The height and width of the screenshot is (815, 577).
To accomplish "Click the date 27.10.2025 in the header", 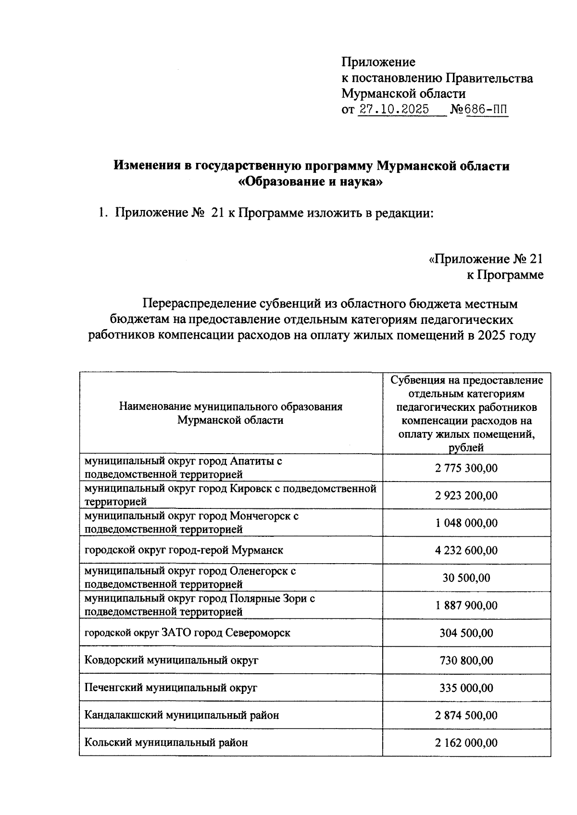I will tap(394, 110).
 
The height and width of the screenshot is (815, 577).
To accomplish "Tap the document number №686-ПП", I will tap(478, 110).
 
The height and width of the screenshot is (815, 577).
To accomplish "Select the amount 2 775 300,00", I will tap(466, 468).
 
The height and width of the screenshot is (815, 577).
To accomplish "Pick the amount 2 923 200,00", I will tap(466, 495).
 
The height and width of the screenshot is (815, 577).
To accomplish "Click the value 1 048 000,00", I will tap(466, 523).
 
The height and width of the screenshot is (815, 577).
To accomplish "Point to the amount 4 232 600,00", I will tap(466, 550).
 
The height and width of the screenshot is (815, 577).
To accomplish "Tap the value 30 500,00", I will tap(466, 578).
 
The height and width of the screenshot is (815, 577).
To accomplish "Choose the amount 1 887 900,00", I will tap(466, 605).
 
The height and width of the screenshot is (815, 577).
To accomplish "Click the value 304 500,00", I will tap(466, 633).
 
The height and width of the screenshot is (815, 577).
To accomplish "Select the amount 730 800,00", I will tap(466, 660).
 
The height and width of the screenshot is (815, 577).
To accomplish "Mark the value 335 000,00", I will tap(466, 688).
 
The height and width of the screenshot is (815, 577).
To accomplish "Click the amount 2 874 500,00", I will tap(466, 715).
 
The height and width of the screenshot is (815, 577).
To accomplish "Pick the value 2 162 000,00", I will tap(466, 742).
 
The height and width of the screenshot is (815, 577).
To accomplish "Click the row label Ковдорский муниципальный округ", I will tap(171, 660).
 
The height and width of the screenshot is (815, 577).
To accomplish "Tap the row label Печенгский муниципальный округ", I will tap(171, 688).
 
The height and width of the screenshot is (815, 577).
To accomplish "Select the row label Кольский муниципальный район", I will tap(166, 742).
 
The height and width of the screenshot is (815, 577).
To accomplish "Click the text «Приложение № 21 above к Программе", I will tap(486, 259).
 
